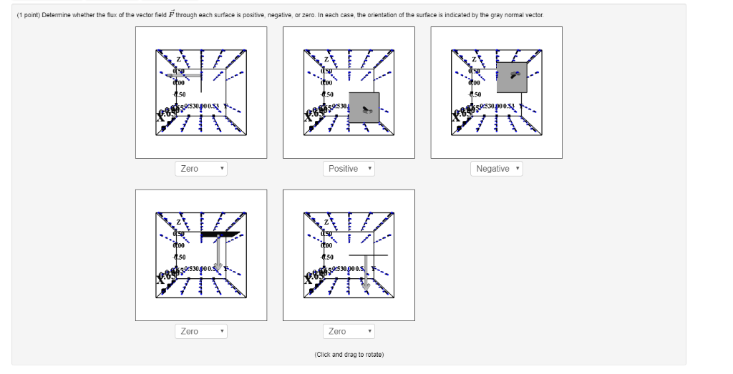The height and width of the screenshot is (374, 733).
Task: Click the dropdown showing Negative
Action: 497,169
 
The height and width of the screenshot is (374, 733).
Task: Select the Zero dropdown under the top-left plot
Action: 200,169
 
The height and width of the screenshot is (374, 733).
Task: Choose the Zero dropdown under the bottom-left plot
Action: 200,332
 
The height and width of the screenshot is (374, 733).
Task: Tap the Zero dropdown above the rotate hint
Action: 348,332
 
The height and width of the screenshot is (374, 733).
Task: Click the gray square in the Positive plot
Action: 364,107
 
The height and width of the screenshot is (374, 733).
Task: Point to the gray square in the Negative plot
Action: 511,77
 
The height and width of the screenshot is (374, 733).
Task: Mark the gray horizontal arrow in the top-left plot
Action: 183,74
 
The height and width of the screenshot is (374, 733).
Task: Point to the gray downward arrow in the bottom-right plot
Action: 366,272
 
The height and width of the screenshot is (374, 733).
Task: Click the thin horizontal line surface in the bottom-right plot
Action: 368,255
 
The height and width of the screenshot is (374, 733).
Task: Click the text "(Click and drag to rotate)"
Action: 349,355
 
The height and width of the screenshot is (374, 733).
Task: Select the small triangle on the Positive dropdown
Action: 371,169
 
